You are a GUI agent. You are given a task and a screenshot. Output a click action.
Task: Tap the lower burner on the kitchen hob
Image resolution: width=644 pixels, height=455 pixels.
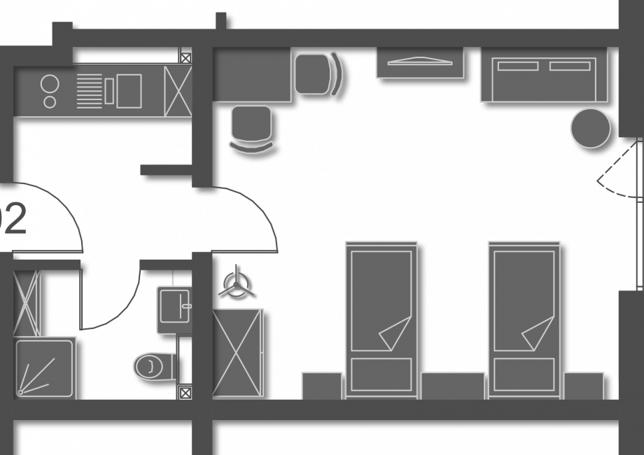pyautogui.click(x=50, y=101)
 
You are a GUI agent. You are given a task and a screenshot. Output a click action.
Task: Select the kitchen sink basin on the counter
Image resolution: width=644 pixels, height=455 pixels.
pyautogui.click(x=129, y=91)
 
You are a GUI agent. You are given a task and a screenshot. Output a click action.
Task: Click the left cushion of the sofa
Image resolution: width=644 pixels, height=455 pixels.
pyautogui.click(x=518, y=66)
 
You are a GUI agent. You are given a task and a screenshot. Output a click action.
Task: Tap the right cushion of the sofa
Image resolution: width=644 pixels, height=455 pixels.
pyautogui.click(x=570, y=66)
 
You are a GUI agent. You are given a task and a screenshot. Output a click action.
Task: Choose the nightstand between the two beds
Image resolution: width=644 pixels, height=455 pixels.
pyautogui.click(x=452, y=386)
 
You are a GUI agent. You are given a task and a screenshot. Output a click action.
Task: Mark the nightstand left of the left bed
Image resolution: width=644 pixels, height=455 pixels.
pyautogui.click(x=322, y=386)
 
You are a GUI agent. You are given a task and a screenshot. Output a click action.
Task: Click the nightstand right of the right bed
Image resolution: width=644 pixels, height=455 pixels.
pyautogui.click(x=583, y=386)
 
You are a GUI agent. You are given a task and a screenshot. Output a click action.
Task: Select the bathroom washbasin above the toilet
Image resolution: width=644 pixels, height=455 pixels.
pyautogui.click(x=174, y=307)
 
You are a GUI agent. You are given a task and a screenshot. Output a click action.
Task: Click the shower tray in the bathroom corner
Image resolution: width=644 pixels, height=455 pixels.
pyautogui.click(x=45, y=368)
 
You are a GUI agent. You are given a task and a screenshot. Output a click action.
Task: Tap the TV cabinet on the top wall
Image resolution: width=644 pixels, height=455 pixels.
pyautogui.click(x=419, y=62)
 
